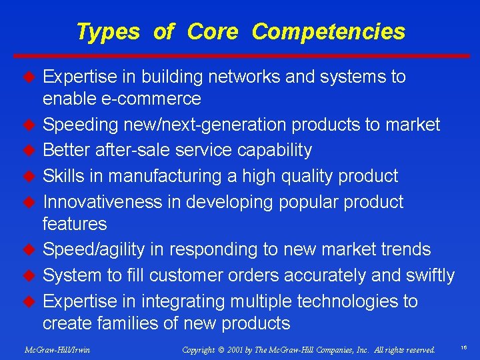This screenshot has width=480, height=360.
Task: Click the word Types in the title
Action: coord(108,31)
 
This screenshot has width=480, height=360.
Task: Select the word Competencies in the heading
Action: coord(329,31)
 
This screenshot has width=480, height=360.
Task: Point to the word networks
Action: coord(244,77)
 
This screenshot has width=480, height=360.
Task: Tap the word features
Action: coord(75,223)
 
